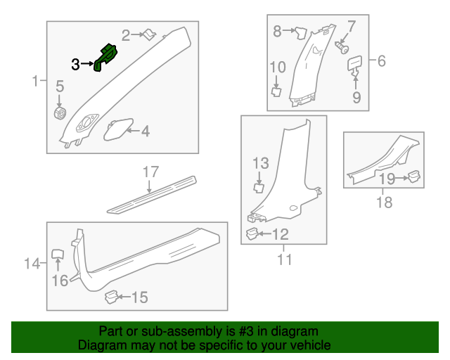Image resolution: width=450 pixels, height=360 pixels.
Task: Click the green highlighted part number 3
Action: click(105, 58)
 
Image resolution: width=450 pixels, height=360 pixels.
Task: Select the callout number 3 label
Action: click(75, 65)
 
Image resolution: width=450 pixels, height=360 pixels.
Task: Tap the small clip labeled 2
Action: click(150, 34)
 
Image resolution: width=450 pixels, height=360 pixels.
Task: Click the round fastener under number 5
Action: click(60, 113)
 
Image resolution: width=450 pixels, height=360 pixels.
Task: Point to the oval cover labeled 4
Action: click(118, 130)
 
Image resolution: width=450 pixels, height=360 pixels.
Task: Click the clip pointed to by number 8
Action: click(301, 32)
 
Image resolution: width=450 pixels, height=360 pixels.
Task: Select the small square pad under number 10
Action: click(276, 92)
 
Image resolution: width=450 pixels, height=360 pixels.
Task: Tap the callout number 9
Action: click(356, 97)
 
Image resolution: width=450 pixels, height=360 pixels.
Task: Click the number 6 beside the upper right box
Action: click(381, 61)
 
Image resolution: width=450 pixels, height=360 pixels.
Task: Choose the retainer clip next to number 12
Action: click(252, 233)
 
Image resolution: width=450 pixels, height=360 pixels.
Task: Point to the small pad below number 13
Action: click(259, 188)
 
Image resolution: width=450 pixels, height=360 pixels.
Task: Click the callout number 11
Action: click(284, 259)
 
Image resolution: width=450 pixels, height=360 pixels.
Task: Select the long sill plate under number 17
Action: click(152, 195)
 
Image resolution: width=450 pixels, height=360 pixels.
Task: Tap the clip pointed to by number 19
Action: click(413, 176)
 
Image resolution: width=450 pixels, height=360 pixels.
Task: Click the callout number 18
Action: click(385, 202)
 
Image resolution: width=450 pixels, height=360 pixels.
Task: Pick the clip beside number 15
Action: click(111, 297)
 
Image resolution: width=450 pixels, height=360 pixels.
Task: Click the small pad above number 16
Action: click(58, 255)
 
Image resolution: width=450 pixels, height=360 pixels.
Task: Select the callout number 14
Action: click(32, 263)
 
